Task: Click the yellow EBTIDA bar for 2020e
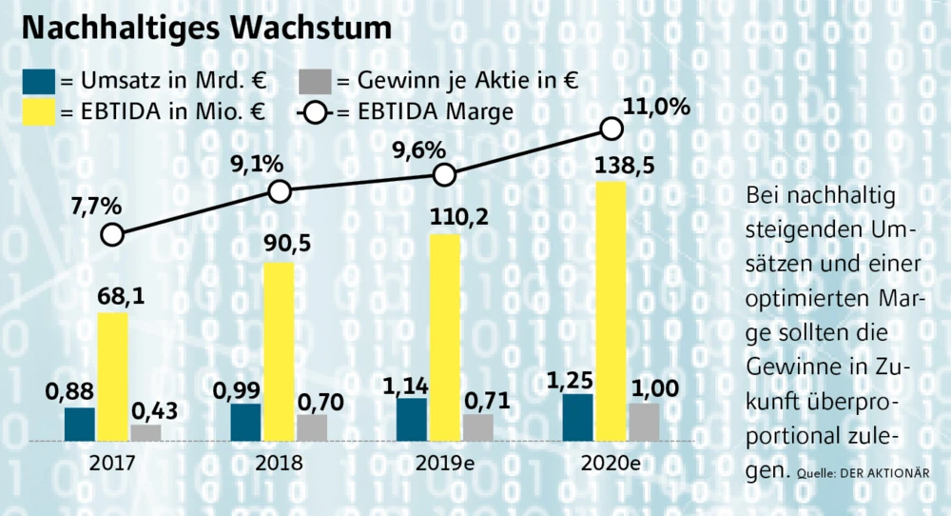pyautogui.click(x=611, y=310)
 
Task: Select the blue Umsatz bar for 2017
pyautogui.click(x=80, y=425)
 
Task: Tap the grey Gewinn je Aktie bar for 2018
pyautogui.click(x=312, y=427)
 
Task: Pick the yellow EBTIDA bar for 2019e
pyautogui.click(x=445, y=337)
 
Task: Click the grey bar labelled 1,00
pyautogui.click(x=644, y=422)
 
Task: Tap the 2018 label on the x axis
pyautogui.click(x=279, y=464)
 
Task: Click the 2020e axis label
pyautogui.click(x=611, y=464)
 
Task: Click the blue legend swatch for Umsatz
pyautogui.click(x=37, y=80)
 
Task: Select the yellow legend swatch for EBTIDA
pyautogui.click(x=37, y=112)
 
